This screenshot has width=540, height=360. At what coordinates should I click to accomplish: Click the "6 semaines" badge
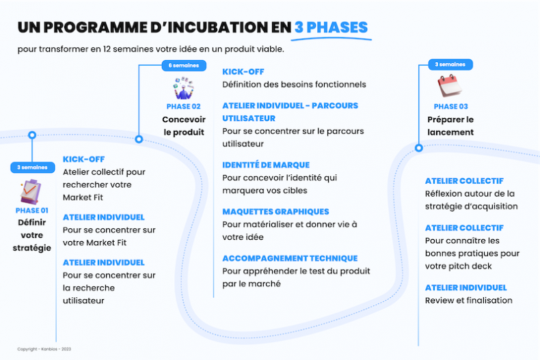pyautogui.click(x=184, y=66)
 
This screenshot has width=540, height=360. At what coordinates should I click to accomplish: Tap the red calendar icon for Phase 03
pyautogui.click(x=450, y=85)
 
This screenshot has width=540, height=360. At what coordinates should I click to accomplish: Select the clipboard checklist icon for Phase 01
pyautogui.click(x=30, y=191)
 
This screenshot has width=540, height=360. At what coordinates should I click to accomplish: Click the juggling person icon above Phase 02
pyautogui.click(x=184, y=88)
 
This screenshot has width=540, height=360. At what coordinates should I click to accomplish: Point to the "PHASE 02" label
pyautogui.click(x=184, y=107)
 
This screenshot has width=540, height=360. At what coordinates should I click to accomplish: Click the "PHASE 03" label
pyautogui.click(x=451, y=107)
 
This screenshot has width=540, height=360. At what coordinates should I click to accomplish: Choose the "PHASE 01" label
pyautogui.click(x=31, y=210)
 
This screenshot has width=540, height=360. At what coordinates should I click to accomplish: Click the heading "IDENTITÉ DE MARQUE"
pyautogui.click(x=266, y=165)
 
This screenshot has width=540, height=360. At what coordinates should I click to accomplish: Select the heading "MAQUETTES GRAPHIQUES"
pyautogui.click(x=275, y=212)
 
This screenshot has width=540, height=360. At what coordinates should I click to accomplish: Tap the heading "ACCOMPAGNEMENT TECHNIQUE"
pyautogui.click(x=290, y=258)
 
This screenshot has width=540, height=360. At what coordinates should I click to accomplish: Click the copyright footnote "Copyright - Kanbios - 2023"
pyautogui.click(x=44, y=349)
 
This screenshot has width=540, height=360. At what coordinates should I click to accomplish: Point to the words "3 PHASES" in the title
pyautogui.click(x=332, y=27)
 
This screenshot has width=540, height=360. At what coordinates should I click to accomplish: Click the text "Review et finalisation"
pyautogui.click(x=469, y=301)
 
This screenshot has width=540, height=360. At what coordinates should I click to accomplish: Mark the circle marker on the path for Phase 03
pyautogui.click(x=419, y=148)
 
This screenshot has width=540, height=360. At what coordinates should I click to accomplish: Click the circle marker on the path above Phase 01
pyautogui.click(x=32, y=135)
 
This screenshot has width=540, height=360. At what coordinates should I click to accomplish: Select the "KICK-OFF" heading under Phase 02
pyautogui.click(x=243, y=72)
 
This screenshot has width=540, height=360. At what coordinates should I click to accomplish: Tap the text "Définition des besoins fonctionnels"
pyautogui.click(x=294, y=85)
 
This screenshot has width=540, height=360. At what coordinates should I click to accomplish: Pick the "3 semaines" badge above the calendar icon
pyautogui.click(x=450, y=64)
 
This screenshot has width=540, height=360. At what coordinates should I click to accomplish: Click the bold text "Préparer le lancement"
pyautogui.click(x=450, y=126)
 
